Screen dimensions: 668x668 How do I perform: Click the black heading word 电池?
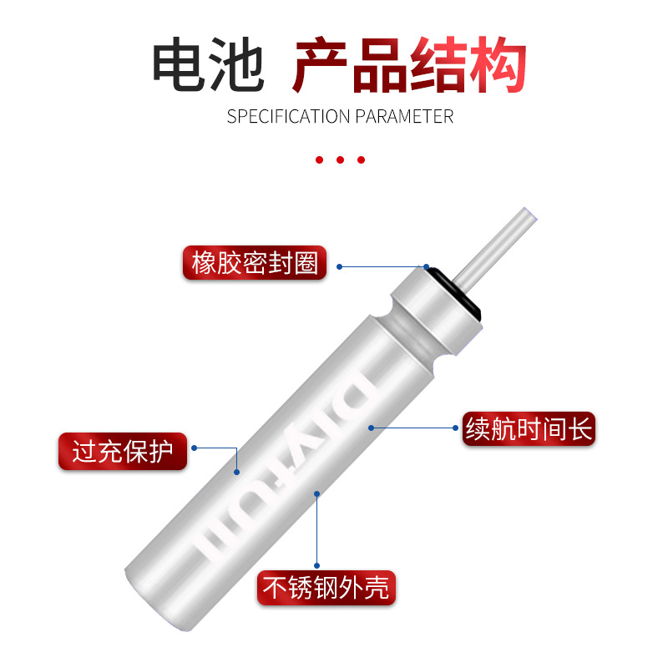(208, 64)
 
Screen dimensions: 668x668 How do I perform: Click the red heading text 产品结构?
(410, 65)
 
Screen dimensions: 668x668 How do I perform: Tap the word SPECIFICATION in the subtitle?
(288, 116)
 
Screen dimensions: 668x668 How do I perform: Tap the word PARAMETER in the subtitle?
(404, 116)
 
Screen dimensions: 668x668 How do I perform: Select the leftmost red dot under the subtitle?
(319, 159)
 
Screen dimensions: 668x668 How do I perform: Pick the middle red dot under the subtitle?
(340, 159)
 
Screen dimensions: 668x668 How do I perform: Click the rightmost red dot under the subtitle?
(361, 159)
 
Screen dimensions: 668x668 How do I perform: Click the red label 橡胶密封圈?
(255, 263)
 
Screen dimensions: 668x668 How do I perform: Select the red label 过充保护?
(123, 452)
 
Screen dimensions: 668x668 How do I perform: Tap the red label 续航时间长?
(529, 429)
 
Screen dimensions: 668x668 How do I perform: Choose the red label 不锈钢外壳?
(326, 588)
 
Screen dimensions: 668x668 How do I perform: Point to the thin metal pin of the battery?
(495, 249)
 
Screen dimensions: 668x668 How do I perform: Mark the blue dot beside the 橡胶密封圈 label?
(339, 266)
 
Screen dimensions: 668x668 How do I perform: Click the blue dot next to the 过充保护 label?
(195, 448)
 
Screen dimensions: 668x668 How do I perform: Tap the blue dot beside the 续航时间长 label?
(455, 428)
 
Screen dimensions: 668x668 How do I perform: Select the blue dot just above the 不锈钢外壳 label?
(317, 566)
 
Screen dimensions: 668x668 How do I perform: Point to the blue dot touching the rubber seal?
(427, 266)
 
